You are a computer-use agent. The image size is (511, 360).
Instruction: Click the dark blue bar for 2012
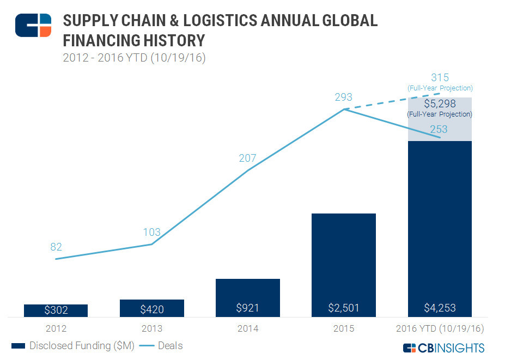click(x=56, y=310)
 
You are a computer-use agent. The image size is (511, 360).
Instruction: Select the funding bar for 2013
click(x=151, y=308)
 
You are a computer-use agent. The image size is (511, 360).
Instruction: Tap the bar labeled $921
click(x=248, y=298)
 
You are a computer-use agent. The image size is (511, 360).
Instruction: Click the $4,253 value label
click(x=440, y=308)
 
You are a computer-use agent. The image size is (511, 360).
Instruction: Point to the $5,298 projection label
click(x=440, y=105)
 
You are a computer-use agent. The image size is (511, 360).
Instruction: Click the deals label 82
click(x=56, y=247)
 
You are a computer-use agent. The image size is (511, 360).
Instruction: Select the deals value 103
click(x=151, y=232)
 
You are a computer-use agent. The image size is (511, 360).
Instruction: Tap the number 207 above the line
click(x=248, y=158)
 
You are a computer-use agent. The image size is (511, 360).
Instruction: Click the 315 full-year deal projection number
click(x=440, y=77)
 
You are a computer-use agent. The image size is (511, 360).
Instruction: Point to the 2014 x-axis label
click(x=248, y=328)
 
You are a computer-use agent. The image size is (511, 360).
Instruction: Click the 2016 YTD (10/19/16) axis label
click(x=440, y=328)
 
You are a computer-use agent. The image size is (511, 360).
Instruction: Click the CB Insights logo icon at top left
click(x=33, y=25)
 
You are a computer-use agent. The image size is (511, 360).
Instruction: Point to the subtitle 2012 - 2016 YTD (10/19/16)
click(x=133, y=58)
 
